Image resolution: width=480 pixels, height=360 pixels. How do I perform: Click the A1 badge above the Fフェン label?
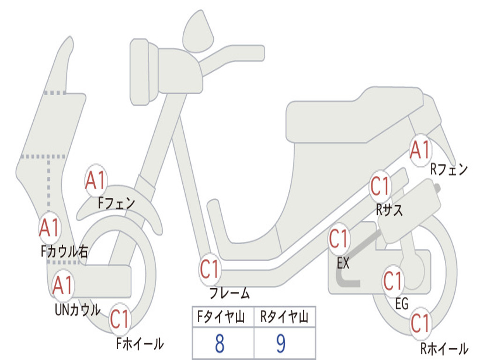[96, 180]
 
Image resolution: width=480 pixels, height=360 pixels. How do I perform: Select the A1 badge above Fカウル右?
[49, 228]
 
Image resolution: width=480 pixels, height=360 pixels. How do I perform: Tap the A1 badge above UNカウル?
[62, 285]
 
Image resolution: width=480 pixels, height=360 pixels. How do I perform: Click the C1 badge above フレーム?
[210, 270]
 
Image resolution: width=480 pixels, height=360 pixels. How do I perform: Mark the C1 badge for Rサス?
[380, 187]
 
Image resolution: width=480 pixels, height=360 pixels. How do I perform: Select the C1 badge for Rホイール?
[421, 323]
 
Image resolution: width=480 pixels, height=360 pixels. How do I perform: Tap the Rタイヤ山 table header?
[284, 318]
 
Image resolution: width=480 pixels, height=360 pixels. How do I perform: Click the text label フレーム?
[230, 294]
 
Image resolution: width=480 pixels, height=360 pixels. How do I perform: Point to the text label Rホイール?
[444, 348]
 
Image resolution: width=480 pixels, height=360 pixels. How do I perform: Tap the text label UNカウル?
[78, 310]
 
